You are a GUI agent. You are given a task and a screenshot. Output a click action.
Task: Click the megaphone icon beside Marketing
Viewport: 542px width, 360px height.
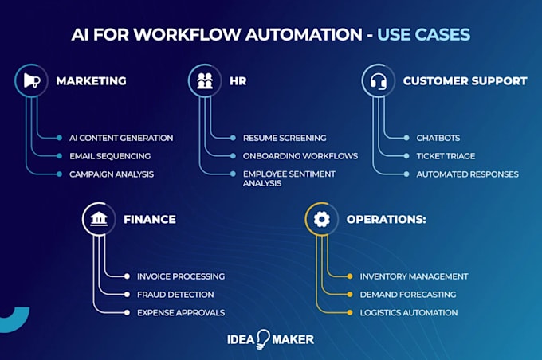coord(30,80)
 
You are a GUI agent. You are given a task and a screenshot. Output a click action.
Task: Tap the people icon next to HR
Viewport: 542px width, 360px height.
coord(204,80)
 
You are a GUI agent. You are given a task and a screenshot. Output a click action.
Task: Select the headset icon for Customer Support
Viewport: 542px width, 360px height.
coord(377,80)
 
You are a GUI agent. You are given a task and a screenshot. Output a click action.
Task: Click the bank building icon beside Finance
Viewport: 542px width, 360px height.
coord(98,219)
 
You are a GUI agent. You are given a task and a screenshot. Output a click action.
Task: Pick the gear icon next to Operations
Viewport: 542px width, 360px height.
coord(321,219)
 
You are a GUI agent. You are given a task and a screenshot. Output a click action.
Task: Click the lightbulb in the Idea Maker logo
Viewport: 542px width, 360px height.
coord(262,338)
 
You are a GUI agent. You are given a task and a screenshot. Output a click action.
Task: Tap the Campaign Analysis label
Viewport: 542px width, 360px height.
coord(111,174)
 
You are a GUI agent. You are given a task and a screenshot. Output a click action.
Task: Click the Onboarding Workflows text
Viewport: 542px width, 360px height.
coord(294,156)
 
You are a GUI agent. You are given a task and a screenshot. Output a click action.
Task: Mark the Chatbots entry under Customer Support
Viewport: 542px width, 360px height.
coord(438,138)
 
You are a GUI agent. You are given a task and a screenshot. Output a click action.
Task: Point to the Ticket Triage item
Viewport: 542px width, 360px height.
coord(446,156)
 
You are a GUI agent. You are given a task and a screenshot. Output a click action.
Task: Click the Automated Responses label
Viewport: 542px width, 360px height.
coord(467,174)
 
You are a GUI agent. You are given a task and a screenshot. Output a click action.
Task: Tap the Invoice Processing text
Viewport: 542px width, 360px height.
coord(180,276)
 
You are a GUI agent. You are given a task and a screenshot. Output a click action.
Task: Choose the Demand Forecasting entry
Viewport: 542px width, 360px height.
coord(407,295)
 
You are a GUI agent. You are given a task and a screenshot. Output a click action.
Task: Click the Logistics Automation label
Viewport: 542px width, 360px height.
coord(408,312)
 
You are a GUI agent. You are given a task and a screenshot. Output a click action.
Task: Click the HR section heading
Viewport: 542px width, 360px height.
coord(238,80)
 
